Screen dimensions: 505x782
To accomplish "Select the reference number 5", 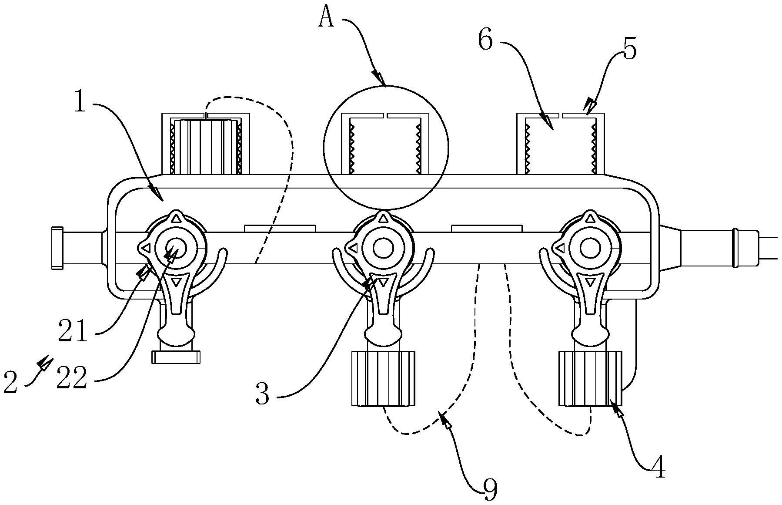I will (x=629, y=49).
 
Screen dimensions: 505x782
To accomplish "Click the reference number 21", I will (x=73, y=334).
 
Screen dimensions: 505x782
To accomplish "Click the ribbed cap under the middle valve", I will (x=383, y=378).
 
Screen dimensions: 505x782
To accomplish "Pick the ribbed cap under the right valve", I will (x=590, y=378).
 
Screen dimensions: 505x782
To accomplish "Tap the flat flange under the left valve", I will (x=176, y=357).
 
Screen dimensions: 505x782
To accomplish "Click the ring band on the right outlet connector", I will (x=735, y=247).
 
